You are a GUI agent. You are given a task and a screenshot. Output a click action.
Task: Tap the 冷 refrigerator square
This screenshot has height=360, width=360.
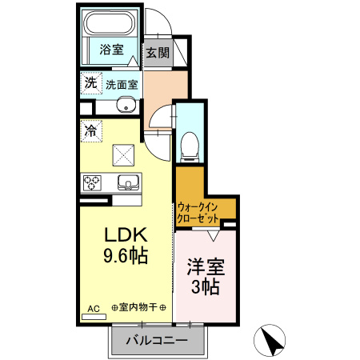pyautogui.click(x=91, y=129)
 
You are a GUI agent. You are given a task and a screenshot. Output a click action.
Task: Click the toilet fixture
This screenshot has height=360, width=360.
pyautogui.click(x=190, y=143)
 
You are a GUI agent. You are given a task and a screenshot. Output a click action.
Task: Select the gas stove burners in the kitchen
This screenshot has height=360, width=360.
pyautogui.click(x=92, y=182)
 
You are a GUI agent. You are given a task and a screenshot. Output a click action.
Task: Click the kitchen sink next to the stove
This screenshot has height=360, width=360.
pyautogui.click(x=128, y=182)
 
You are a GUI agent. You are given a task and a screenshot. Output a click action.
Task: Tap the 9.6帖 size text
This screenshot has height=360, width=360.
pyautogui.click(x=125, y=258)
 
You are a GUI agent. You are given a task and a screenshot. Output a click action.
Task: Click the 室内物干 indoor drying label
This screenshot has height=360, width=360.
pyautogui.click(x=139, y=308)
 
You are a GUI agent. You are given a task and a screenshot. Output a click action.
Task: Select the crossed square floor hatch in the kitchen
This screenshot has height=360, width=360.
pyautogui.click(x=124, y=152)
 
